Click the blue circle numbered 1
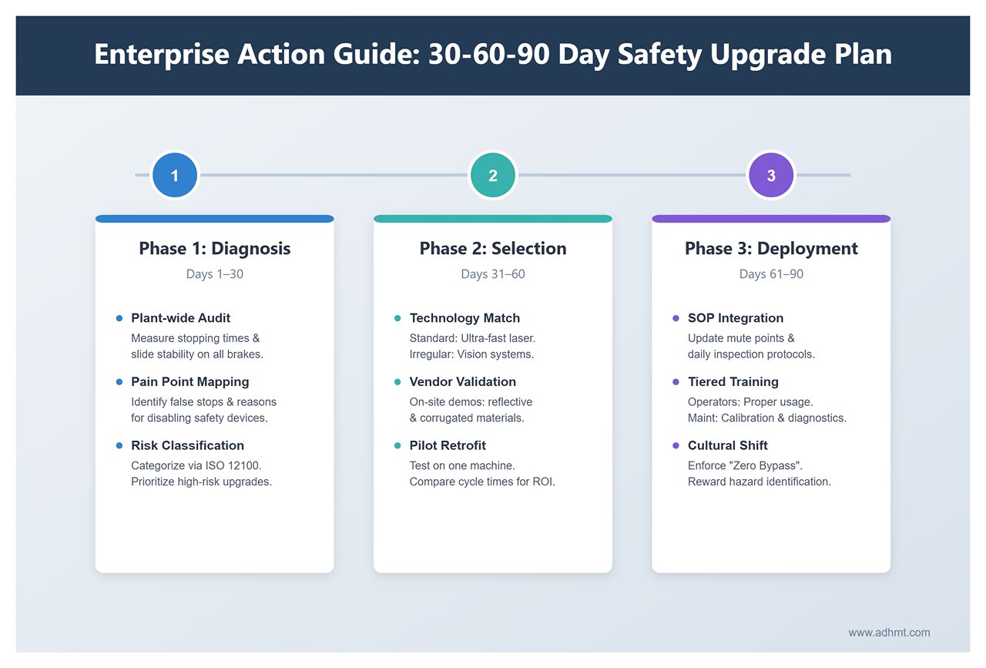[x=175, y=176]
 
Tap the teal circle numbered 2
[x=493, y=176]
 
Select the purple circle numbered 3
[x=771, y=176]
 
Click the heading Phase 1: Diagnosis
[x=214, y=249]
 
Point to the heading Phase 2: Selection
[x=493, y=249]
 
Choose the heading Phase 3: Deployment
[x=771, y=249]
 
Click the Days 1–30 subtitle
[x=214, y=274]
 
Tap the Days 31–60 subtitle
[x=493, y=274]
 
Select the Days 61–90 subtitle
[x=771, y=274]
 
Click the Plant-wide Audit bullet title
[x=180, y=318]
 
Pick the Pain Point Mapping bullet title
[x=189, y=382]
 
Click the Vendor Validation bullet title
[x=462, y=382]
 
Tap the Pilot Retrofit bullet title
[x=448, y=445]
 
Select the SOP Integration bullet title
[x=735, y=318]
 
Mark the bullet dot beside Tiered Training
[x=676, y=382]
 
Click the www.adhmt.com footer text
[x=889, y=633]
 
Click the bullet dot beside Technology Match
[x=397, y=318]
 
